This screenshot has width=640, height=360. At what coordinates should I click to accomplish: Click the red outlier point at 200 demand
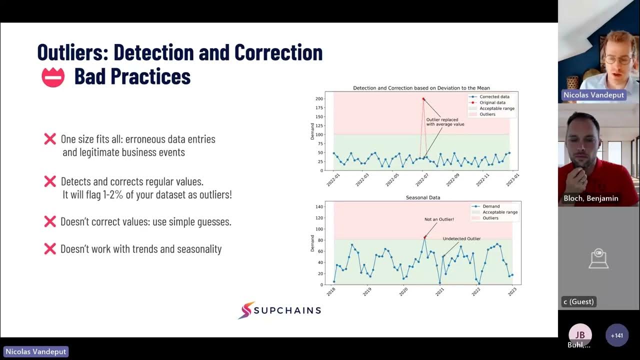423,99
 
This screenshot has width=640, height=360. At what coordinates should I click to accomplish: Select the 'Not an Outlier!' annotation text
439,219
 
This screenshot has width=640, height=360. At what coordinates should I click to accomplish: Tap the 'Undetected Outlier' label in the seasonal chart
461,239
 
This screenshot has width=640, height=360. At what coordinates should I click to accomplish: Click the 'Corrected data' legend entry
494,96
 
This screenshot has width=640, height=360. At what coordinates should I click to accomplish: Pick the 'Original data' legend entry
492,102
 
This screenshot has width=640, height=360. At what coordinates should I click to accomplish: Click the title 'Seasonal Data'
423,197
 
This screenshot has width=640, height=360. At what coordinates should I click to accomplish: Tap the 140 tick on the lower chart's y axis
318,206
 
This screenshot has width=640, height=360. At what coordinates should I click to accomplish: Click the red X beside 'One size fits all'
50,139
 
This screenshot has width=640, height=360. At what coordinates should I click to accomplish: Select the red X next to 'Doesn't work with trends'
50,248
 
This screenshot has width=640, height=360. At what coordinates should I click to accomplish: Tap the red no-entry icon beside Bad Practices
53,77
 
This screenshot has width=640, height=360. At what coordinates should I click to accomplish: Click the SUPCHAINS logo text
287,310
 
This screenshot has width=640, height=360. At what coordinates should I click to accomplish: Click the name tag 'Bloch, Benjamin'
590,198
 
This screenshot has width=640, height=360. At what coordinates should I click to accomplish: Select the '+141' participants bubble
616,335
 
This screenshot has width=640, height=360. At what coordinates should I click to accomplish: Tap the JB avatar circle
580,335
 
